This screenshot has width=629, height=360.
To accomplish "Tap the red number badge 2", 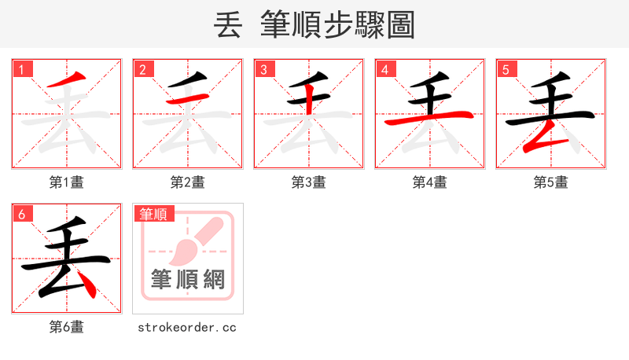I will [143, 69].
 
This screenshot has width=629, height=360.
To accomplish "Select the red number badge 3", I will [264, 69].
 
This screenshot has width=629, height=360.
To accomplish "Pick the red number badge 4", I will [385, 69].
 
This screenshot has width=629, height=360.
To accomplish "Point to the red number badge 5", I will [506, 69].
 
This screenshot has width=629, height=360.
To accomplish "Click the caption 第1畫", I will [67, 182].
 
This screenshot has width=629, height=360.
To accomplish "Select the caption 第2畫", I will [188, 182].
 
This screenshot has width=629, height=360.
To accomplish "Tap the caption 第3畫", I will [309, 182].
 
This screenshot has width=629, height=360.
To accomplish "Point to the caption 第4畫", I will [430, 182].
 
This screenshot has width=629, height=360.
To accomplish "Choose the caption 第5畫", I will [551, 182].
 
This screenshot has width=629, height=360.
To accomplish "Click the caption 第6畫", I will [67, 327].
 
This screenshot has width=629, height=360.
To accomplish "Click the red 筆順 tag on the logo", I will [154, 214].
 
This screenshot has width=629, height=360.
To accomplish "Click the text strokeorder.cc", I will [187, 327].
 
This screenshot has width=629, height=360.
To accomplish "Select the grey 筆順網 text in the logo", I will [188, 279].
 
